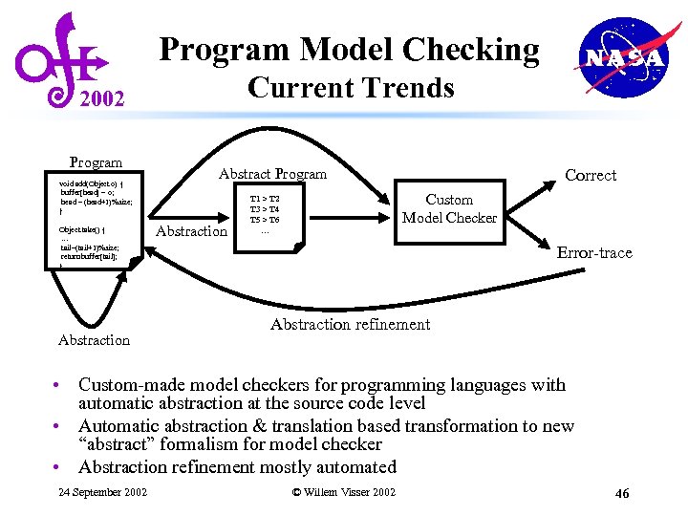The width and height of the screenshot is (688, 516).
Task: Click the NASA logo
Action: coord(624,58)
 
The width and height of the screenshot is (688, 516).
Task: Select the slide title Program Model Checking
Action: coord(349,49)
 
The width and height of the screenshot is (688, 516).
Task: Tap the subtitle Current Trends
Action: coord(350,88)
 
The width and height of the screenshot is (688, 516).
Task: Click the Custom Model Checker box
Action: coord(449,208)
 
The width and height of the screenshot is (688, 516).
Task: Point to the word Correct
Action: coord(591,176)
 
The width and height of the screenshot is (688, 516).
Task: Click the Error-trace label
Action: coord(594,253)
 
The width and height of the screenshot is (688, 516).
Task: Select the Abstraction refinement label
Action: coord(350,325)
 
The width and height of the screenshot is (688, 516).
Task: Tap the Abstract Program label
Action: coord(272,174)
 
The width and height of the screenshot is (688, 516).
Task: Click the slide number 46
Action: coord(622,493)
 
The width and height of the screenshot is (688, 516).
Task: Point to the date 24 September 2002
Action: coord(102,492)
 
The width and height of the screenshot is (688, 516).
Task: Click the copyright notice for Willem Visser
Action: coord(343,492)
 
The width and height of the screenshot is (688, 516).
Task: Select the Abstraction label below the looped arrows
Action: coord(94,340)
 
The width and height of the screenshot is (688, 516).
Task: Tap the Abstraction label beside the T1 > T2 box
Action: coord(191,231)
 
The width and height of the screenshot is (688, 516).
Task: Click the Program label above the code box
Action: coord(96,162)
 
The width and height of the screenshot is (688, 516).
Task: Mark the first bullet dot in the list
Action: coord(59,386)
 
